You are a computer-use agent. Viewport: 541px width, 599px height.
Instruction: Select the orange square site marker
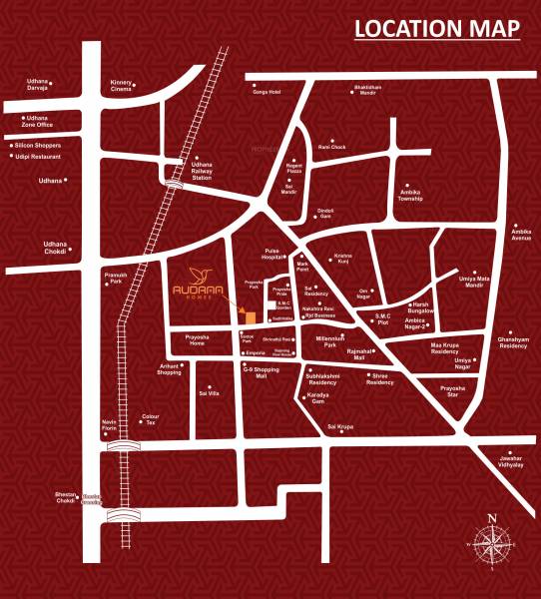click(251, 317)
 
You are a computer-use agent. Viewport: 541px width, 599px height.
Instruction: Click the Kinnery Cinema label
click(121, 87)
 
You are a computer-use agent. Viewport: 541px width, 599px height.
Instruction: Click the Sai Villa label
click(209, 393)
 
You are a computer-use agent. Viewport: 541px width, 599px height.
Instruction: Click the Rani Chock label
click(331, 147)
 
